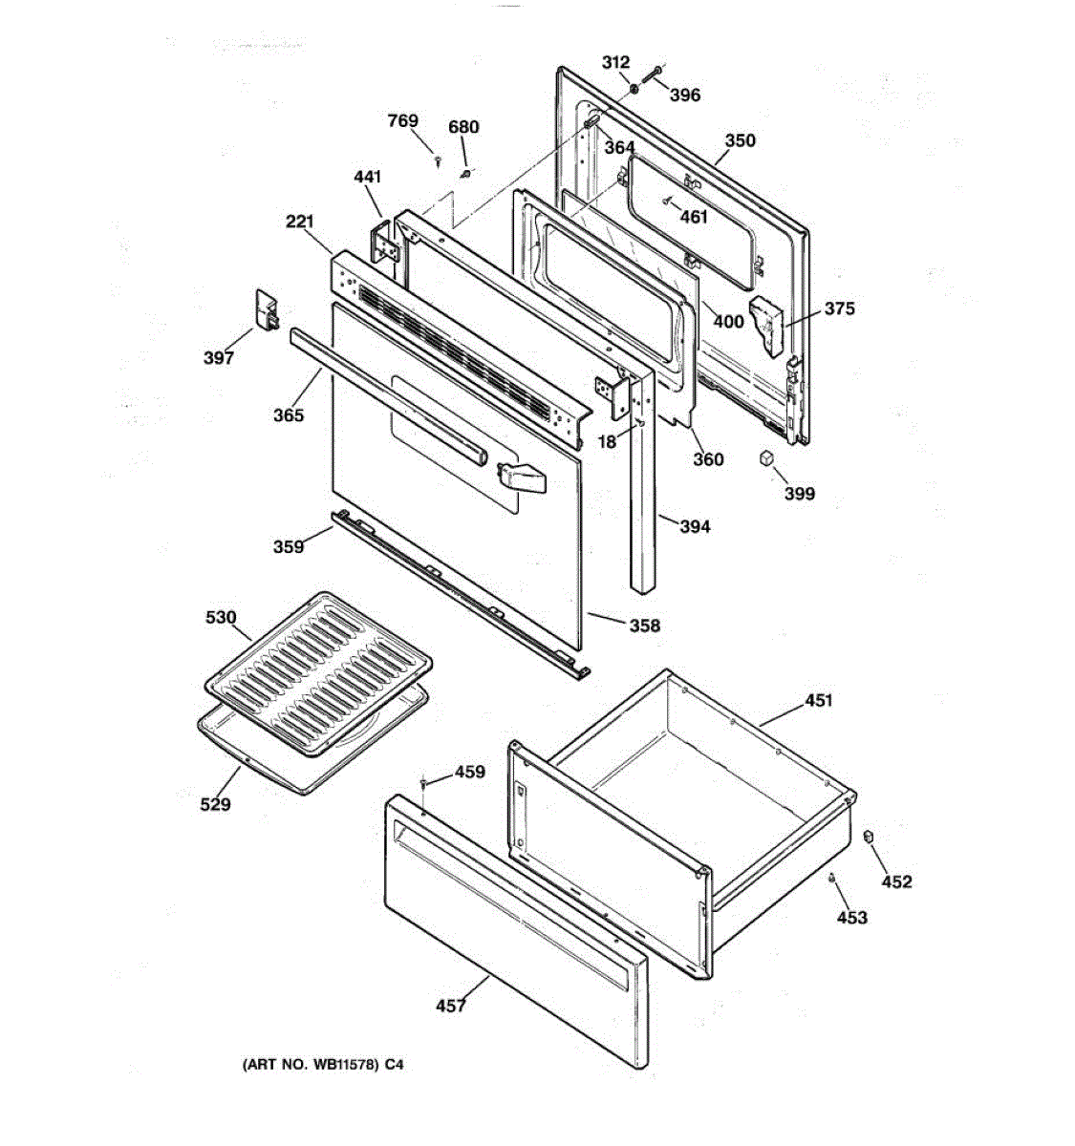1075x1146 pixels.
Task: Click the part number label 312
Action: pyautogui.click(x=615, y=62)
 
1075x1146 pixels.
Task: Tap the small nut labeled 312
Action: pyautogui.click(x=634, y=89)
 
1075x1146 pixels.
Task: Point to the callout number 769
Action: pyautogui.click(x=402, y=120)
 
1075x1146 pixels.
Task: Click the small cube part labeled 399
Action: pyautogui.click(x=766, y=457)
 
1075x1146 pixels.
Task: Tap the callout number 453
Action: pyautogui.click(x=852, y=917)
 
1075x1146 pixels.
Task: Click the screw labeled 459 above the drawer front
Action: pyautogui.click(x=423, y=781)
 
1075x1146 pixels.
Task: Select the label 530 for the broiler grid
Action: pyautogui.click(x=221, y=617)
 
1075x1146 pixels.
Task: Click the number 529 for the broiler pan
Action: pyautogui.click(x=215, y=804)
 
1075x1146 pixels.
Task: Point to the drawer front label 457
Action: pyautogui.click(x=450, y=1006)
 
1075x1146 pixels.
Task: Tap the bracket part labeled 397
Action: pyautogui.click(x=267, y=309)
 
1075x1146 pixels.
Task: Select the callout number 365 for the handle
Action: pyautogui.click(x=289, y=414)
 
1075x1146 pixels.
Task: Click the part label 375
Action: pyautogui.click(x=839, y=308)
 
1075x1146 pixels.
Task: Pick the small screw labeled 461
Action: pyautogui.click(x=667, y=201)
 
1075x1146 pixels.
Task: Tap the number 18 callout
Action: pyautogui.click(x=607, y=441)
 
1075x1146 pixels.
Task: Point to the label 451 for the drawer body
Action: pyautogui.click(x=819, y=700)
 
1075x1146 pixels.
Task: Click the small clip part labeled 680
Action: pyautogui.click(x=466, y=173)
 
